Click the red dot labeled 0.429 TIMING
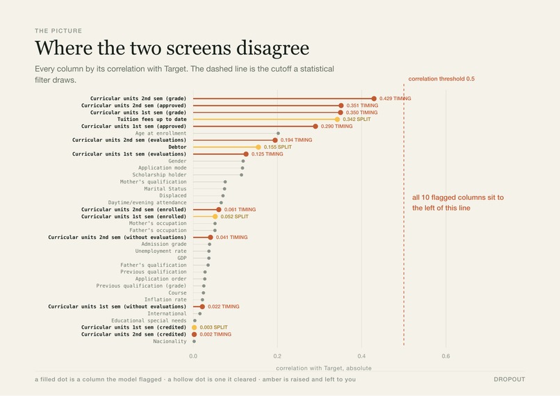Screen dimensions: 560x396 (374, 99)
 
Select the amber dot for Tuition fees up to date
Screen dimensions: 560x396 (337, 119)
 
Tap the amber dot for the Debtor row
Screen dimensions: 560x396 (258, 147)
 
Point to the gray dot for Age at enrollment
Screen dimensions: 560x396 (278, 133)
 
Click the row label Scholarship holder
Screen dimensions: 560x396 (159, 174)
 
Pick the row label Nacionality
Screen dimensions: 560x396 (170, 341)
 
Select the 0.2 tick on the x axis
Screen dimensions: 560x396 (277, 356)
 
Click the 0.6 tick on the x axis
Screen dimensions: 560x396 (446, 356)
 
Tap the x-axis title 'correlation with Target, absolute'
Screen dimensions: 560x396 (324, 368)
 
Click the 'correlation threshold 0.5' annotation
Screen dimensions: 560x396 (441, 79)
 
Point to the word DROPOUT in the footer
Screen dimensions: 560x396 (509, 379)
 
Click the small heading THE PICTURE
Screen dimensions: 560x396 (58, 31)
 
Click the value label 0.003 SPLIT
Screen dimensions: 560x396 (213, 327)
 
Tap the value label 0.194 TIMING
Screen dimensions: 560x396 (296, 140)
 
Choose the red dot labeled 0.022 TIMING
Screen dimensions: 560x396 (202, 307)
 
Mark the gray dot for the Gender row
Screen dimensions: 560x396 (243, 161)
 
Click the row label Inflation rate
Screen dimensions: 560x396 (165, 299)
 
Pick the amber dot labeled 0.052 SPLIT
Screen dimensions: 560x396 (215, 217)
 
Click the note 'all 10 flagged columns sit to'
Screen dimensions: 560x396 (458, 197)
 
